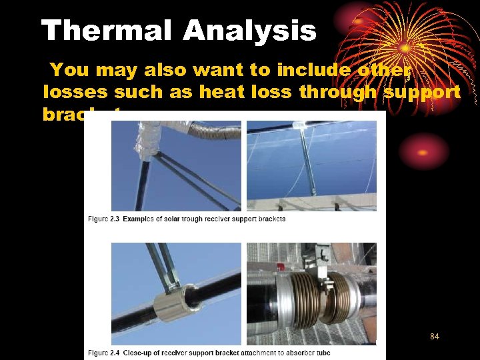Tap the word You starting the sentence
tap(66, 69)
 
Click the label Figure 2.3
tap(104, 219)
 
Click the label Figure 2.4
tap(104, 352)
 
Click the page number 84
tap(435, 337)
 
